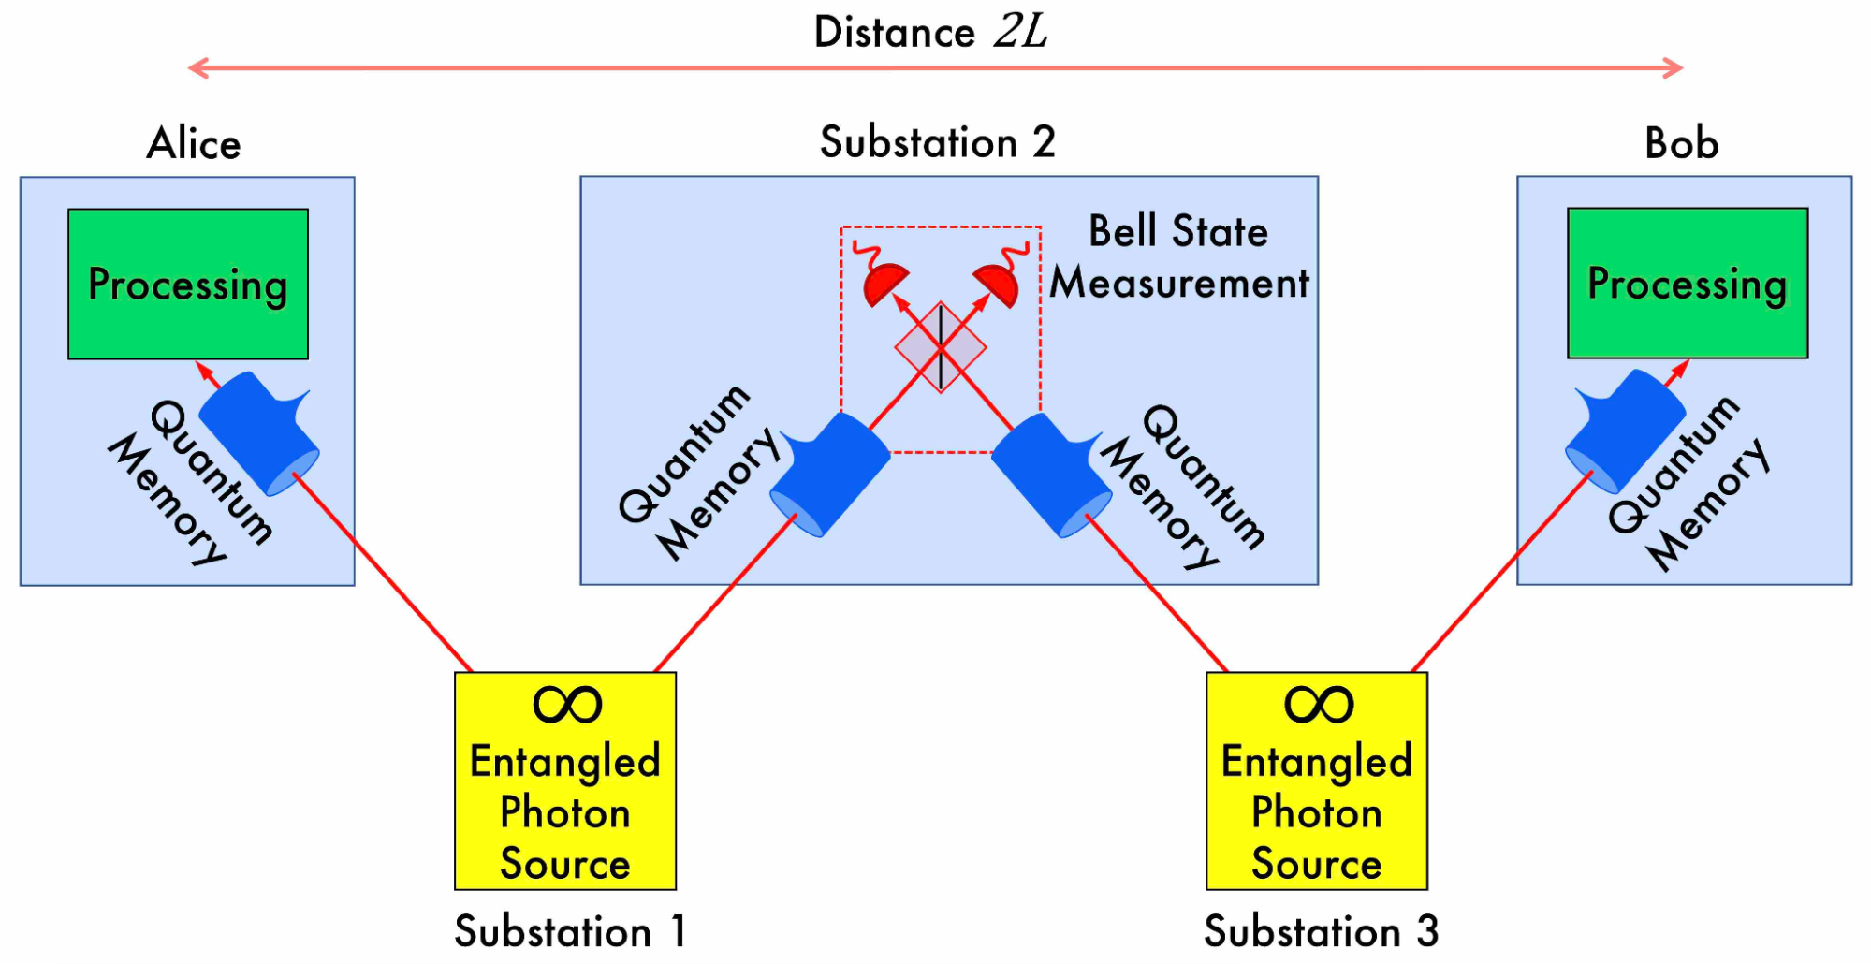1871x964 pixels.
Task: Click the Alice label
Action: click(194, 143)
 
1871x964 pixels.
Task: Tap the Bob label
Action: click(1681, 143)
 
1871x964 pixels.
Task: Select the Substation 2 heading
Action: click(937, 142)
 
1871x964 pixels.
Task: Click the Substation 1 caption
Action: click(570, 931)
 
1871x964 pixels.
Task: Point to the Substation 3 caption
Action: click(1321, 931)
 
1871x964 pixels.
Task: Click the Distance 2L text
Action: click(930, 32)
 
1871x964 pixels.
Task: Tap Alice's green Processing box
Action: click(188, 284)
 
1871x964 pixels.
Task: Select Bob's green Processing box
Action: click(1688, 283)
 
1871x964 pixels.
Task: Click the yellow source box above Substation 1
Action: click(565, 781)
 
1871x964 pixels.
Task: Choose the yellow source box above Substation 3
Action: click(1317, 781)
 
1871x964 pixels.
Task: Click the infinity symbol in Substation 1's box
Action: click(567, 705)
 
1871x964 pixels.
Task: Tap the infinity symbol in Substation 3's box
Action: click(1319, 705)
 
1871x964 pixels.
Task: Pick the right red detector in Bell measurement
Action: click(997, 283)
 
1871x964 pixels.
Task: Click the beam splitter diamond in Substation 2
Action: click(941, 347)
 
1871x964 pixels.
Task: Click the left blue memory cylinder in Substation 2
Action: click(829, 475)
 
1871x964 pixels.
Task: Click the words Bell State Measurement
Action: click(1178, 256)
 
